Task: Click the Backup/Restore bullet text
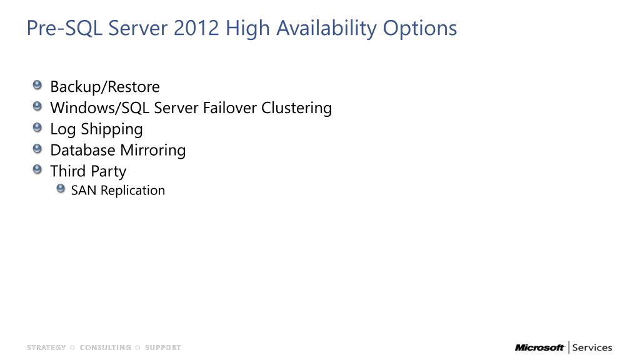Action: coord(105,86)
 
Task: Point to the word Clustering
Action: coord(296,107)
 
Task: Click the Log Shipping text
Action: coord(96,129)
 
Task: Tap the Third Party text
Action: coord(88,171)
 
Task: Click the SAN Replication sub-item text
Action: coord(118,191)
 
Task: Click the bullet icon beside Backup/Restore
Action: coord(37,85)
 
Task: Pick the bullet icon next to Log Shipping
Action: coord(37,127)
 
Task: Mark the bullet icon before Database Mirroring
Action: coord(37,149)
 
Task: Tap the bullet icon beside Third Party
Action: coord(37,170)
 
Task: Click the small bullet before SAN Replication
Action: coord(61,189)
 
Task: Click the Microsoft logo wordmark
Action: coord(539,347)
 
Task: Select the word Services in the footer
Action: coord(592,347)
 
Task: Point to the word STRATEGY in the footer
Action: coord(46,347)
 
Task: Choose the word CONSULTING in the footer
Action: coord(105,347)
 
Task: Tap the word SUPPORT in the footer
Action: coord(163,347)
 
